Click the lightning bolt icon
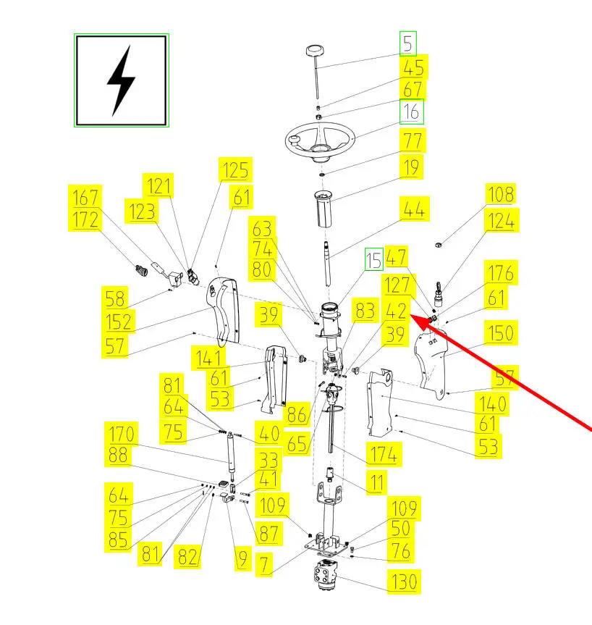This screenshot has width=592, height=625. pos(122,80)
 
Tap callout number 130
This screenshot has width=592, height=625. pos(403,582)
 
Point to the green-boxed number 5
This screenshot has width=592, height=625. pos(410,44)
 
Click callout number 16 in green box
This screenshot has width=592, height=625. pos(412,112)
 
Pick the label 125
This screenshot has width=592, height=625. pos(235,170)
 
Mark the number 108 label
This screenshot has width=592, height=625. pos(500,195)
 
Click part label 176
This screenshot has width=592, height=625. pos(501,273)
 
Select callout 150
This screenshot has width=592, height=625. pos(501,334)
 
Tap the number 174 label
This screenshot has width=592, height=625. pos(384,455)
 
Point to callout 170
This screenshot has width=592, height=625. pos(122,435)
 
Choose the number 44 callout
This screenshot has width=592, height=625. pos(413,210)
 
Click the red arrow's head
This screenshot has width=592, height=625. pos(414,316)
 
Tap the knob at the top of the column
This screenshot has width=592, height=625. pos(316,53)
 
